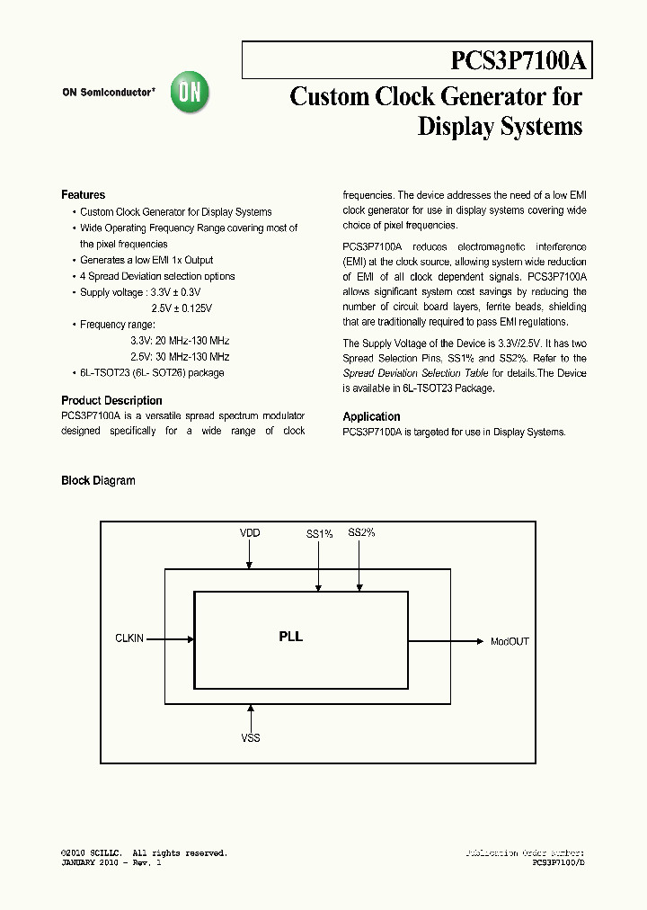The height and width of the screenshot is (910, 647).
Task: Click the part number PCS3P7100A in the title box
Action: tap(518, 61)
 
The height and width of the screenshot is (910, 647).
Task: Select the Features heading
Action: tap(83, 195)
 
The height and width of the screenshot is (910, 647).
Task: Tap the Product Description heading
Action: tap(111, 401)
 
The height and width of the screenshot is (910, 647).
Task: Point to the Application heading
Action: tap(371, 417)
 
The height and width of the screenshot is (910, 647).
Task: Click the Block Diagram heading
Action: tap(98, 481)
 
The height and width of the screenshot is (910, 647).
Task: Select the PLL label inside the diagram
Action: tap(290, 637)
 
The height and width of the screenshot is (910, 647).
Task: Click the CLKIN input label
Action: tap(129, 639)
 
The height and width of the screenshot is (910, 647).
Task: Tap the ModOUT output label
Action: tap(510, 642)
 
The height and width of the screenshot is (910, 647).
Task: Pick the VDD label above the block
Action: tap(250, 533)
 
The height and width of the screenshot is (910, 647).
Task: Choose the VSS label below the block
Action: tap(251, 738)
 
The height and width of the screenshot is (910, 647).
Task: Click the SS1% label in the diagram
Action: tap(319, 534)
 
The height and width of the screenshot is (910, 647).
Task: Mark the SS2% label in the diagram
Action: tap(361, 533)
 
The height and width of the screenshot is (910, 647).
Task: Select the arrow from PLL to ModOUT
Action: tap(446, 641)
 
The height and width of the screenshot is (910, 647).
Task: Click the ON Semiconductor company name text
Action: tap(109, 92)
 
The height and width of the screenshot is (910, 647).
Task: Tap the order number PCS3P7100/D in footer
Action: tap(558, 862)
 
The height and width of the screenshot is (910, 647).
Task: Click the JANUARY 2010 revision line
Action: tap(111, 862)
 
